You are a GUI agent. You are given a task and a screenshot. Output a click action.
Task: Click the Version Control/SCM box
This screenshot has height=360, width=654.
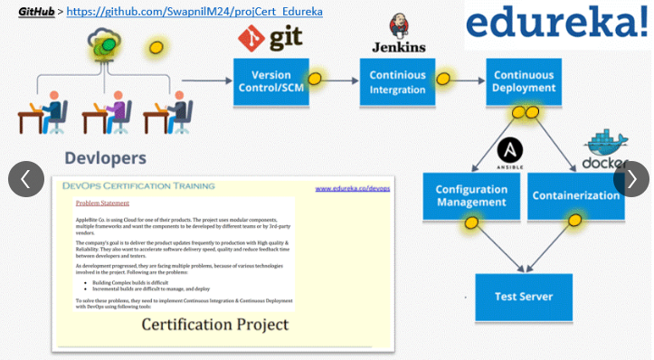[270, 82]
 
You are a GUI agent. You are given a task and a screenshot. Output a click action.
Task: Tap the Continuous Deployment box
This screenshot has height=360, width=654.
[524, 82]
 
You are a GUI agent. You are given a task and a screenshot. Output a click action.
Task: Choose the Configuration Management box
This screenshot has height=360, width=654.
[471, 195]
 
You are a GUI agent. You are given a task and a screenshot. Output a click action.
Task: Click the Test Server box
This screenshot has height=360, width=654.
[524, 296]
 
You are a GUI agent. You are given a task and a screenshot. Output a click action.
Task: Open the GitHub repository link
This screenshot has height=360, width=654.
[194, 13]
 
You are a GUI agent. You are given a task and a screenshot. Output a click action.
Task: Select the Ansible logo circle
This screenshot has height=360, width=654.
[511, 150]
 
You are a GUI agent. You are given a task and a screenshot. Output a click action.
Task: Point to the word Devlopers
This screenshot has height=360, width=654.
[105, 157]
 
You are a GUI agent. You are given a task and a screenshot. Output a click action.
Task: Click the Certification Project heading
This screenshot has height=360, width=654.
[214, 324]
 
